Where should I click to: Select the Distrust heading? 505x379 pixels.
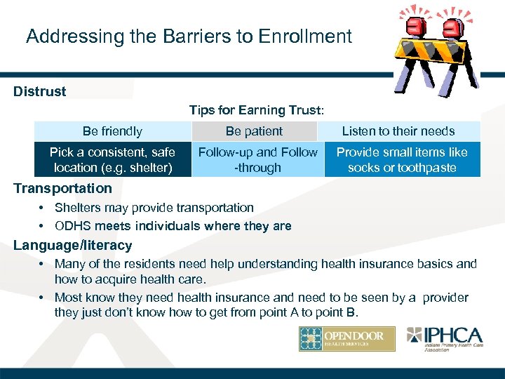pyautogui.click(x=40, y=91)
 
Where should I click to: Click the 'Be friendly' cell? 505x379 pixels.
pyautogui.click(x=112, y=131)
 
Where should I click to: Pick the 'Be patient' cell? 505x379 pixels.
pyautogui.click(x=254, y=131)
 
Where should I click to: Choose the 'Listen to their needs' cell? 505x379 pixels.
pyautogui.click(x=398, y=131)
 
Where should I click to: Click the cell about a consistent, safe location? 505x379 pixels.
pyautogui.click(x=112, y=160)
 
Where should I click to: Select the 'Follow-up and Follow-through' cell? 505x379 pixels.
pyautogui.click(x=257, y=160)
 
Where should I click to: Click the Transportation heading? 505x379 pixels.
pyautogui.click(x=62, y=188)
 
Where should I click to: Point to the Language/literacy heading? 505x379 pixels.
pyautogui.click(x=73, y=246)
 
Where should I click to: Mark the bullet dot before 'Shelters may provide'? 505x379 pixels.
pyautogui.click(x=43, y=208)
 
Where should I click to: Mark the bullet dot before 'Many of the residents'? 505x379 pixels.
pyautogui.click(x=43, y=265)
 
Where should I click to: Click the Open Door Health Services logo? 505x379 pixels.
pyautogui.click(x=346, y=339)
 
